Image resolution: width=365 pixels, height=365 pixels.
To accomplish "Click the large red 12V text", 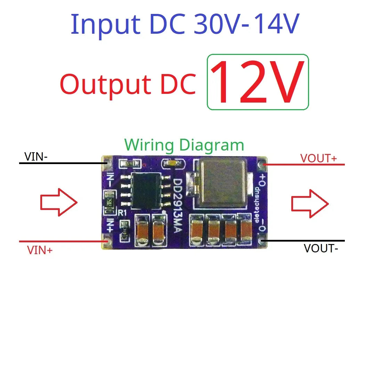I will [258, 82].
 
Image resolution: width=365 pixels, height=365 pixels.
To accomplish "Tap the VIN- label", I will [36, 157].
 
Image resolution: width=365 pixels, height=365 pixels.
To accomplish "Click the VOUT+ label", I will [318, 159].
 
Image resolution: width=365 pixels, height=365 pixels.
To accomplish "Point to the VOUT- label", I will [321, 249].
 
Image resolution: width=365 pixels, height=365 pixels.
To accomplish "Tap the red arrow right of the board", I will [309, 204].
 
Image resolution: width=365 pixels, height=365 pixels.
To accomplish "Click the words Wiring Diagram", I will [184, 145].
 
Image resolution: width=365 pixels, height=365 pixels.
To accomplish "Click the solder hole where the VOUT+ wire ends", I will [263, 163].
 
